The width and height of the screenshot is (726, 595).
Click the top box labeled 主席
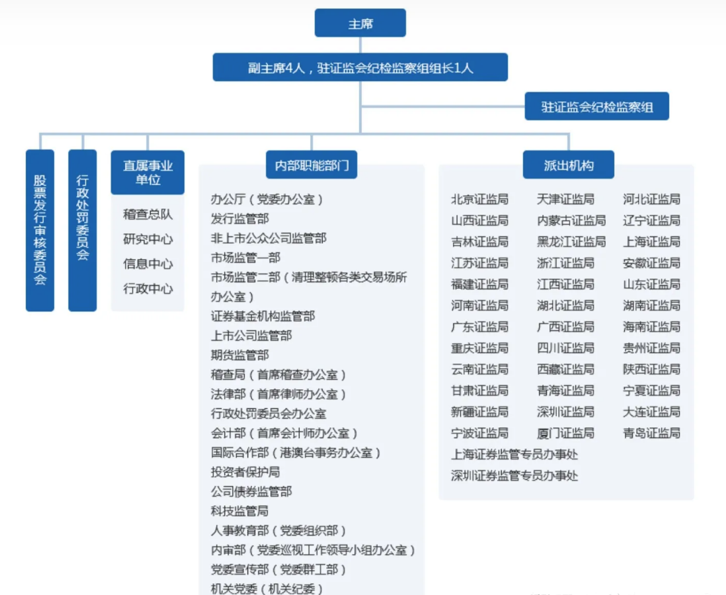(360, 23)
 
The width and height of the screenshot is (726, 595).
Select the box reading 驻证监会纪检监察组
(596, 107)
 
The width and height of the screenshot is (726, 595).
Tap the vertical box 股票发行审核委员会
(40, 230)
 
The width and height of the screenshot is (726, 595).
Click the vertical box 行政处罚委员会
(82, 230)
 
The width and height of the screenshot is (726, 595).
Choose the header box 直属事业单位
(148, 173)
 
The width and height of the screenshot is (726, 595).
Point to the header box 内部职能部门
(312, 165)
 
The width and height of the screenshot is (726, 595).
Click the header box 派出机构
(568, 165)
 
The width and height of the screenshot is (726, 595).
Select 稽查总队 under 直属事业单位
(148, 214)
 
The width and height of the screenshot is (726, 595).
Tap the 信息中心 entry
(148, 264)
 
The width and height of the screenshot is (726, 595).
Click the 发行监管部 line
(240, 218)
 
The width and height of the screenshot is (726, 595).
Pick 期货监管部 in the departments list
(240, 355)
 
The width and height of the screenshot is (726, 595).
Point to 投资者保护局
(245, 472)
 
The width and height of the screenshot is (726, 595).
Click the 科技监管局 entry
(240, 511)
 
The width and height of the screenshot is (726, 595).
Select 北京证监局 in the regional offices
(480, 199)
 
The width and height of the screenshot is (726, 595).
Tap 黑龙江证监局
(571, 242)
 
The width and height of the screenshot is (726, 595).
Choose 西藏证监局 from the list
(565, 369)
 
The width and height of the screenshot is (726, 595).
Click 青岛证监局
(651, 433)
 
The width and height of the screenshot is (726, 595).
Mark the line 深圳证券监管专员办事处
(514, 476)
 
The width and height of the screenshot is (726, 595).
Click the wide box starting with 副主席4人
(360, 67)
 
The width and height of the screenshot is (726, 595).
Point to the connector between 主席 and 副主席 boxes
(360, 45)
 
